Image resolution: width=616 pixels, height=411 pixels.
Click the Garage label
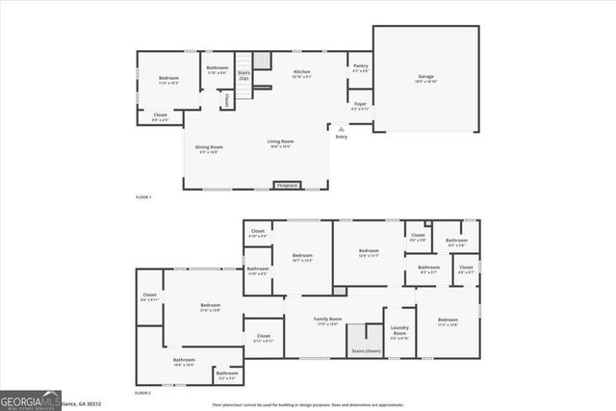tap(425, 78)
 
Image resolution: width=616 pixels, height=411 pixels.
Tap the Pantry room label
tap(360, 67)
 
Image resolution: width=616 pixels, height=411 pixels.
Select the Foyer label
tap(360, 105)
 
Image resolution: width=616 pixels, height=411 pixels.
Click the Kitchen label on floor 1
tap(301, 73)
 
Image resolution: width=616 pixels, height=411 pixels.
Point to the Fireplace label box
tap(287, 184)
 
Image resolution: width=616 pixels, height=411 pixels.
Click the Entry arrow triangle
tap(340, 127)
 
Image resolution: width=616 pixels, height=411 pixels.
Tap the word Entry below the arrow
tap(341, 137)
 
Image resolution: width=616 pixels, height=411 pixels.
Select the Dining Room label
tap(209, 148)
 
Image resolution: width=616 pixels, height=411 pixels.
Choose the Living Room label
tap(280, 143)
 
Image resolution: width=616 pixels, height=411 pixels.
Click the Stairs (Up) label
tap(244, 73)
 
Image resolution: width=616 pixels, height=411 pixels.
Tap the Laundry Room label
tap(399, 333)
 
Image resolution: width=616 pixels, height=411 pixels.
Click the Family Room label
tap(328, 321)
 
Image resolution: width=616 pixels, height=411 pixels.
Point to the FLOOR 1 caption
tap(143, 197)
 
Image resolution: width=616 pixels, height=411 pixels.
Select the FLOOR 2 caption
tap(143, 393)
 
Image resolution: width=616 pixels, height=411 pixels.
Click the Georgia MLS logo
tap(31, 398)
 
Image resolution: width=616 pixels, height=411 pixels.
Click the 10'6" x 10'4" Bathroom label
tap(184, 362)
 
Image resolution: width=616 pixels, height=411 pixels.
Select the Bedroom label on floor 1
tap(169, 80)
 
